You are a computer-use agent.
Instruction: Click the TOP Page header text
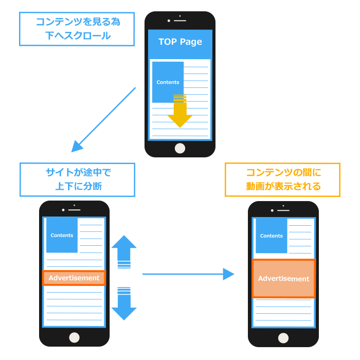tap(180, 42)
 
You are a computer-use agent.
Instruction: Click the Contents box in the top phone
tap(168, 82)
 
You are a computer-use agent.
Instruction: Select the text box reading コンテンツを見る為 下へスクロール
tap(77, 29)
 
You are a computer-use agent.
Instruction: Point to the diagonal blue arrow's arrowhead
tap(77, 146)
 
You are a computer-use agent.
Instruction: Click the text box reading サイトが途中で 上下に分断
tap(77, 179)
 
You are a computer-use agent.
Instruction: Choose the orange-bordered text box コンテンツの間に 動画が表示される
tap(282, 179)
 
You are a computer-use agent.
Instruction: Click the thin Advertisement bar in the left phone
tap(74, 278)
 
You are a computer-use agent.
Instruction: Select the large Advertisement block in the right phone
tap(283, 279)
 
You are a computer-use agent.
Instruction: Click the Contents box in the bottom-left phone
tap(62, 236)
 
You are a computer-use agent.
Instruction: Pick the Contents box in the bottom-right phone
tap(271, 236)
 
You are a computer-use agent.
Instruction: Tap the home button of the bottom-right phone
tap(283, 337)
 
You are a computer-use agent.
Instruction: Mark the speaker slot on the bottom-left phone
tap(75, 210)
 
